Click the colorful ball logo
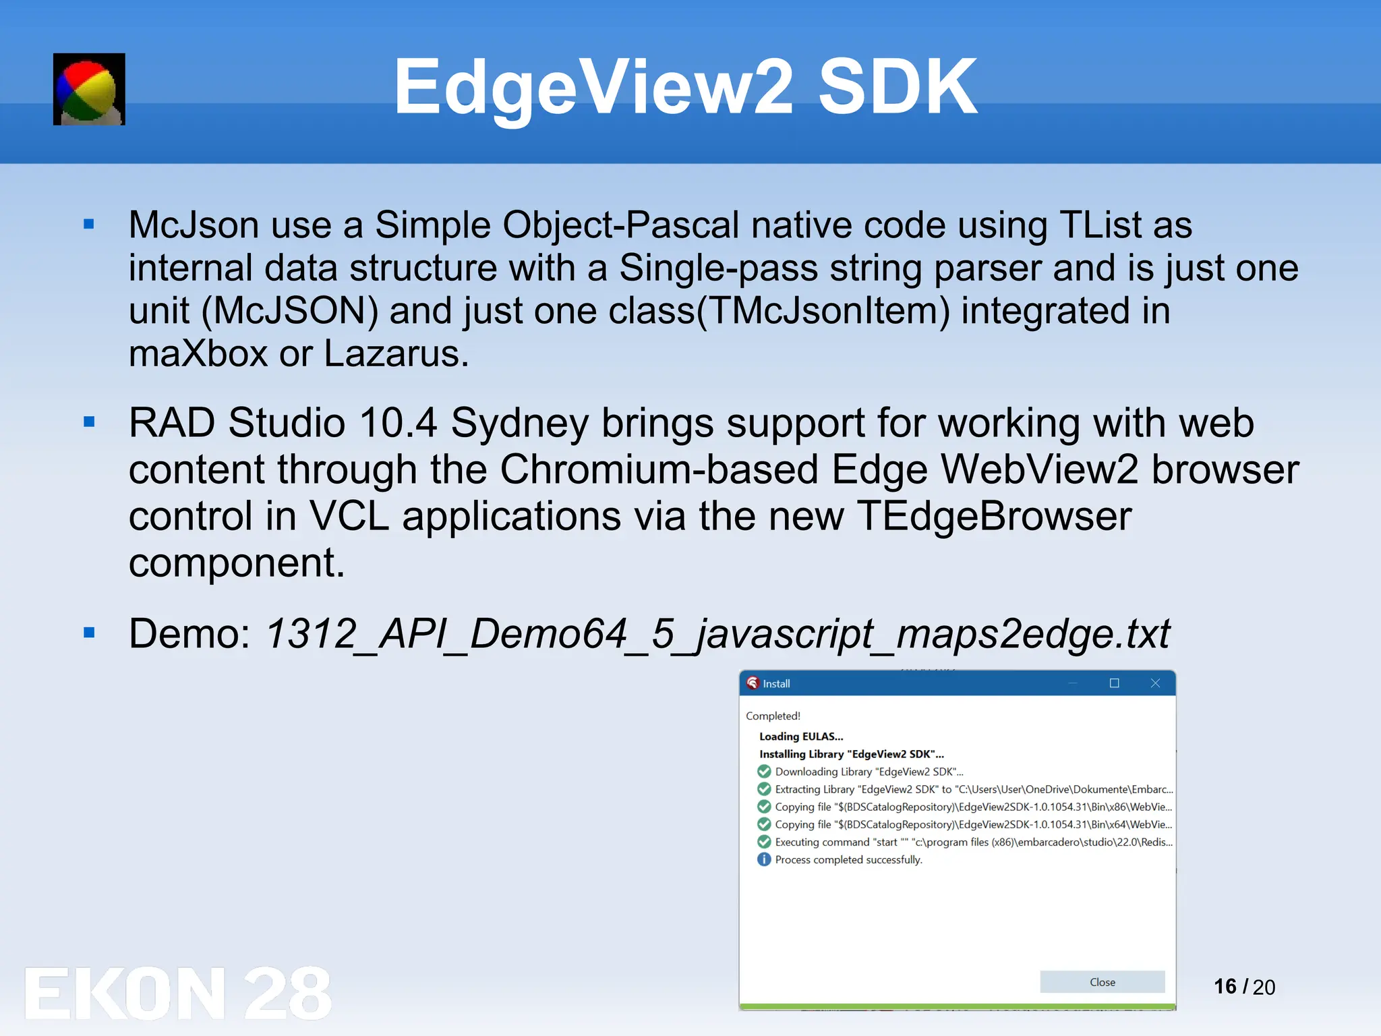pos(89,89)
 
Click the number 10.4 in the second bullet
pos(398,423)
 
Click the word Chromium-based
pos(659,469)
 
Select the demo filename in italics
pos(717,634)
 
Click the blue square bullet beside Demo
pos(89,633)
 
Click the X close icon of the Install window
pos(1155,683)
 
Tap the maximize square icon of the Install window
pos(1114,683)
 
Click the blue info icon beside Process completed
pos(764,859)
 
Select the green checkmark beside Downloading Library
pos(764,772)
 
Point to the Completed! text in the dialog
pos(773,716)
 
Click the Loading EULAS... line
pos(801,737)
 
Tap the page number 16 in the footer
pos(1225,987)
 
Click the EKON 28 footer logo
pos(178,993)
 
